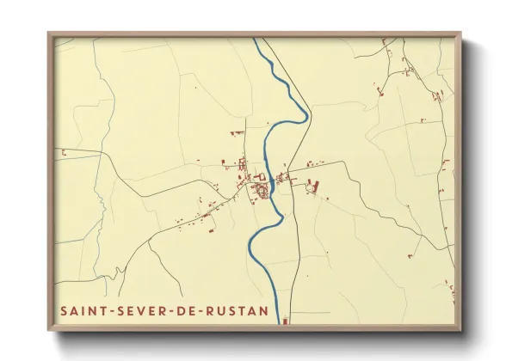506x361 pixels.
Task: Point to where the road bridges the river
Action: tap(272, 182)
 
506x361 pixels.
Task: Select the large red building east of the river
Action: tap(313, 184)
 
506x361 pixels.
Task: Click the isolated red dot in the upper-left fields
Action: tap(194, 88)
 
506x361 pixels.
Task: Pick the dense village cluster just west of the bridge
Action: tap(259, 190)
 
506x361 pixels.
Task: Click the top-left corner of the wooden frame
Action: tap(49, 34)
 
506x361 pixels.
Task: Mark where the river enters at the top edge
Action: tap(256, 40)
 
